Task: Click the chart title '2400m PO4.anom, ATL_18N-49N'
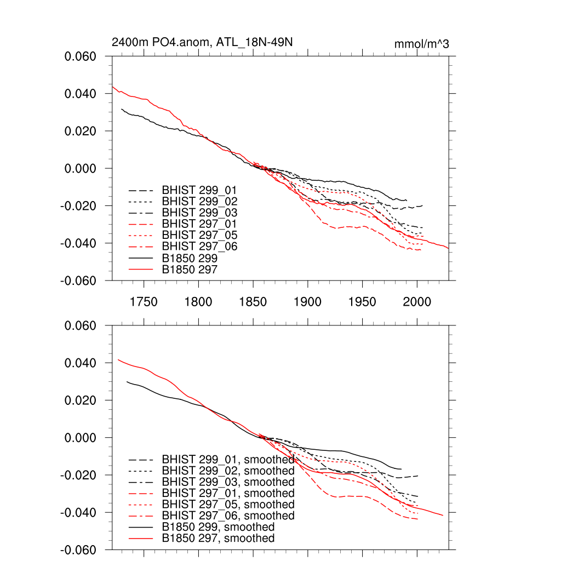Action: [x=206, y=43]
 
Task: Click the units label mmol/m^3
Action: [x=422, y=44]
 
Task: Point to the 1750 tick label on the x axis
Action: [x=144, y=302]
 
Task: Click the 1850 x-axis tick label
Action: [x=253, y=302]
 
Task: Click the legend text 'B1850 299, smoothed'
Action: [x=218, y=527]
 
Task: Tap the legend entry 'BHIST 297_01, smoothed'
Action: [x=228, y=494]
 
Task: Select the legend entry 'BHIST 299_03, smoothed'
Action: [x=228, y=482]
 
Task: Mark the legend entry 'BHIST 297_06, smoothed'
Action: [x=228, y=516]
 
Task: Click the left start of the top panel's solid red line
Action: [x=112, y=87]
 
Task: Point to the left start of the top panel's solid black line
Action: [x=122, y=108]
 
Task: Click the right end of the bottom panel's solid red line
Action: [x=443, y=515]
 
